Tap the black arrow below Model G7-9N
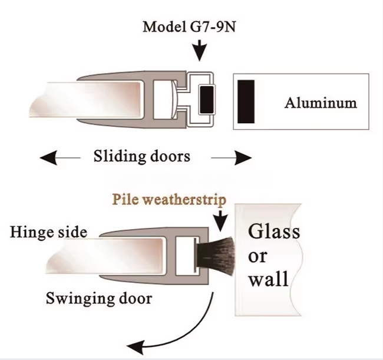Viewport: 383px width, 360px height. point(201,49)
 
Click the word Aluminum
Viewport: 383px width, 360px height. point(321,103)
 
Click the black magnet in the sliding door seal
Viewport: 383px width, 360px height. point(206,99)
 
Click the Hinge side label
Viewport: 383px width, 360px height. point(48,232)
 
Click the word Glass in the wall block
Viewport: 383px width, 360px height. point(273,230)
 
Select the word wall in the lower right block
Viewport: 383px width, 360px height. point(268,278)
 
